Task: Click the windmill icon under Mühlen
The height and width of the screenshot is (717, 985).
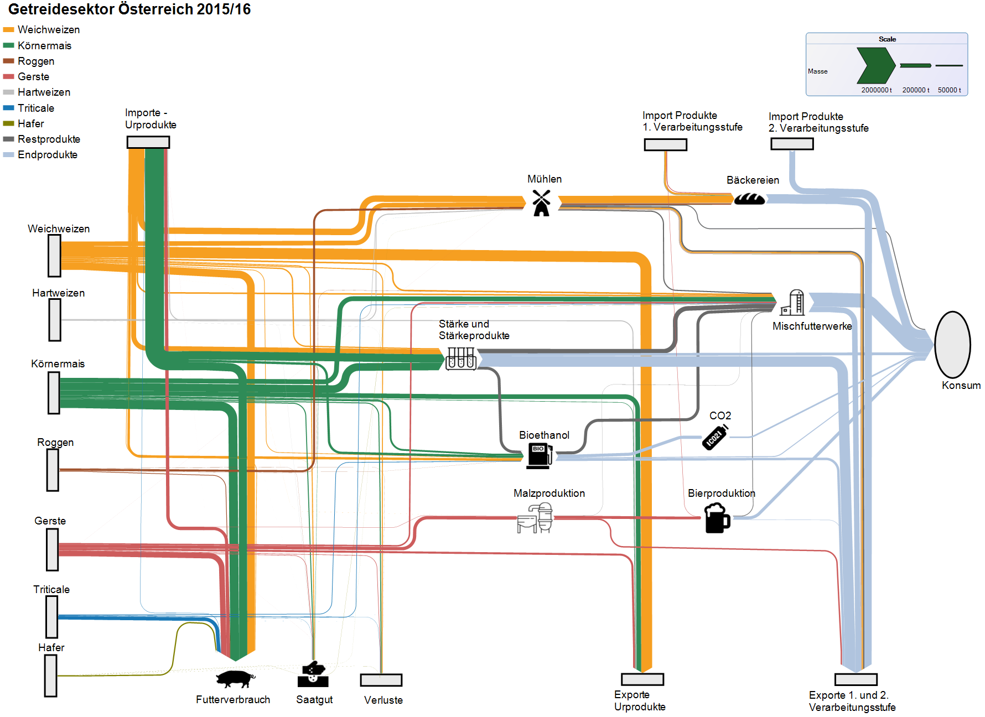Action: point(541,203)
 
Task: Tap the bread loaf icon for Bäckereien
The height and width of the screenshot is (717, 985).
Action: point(749,199)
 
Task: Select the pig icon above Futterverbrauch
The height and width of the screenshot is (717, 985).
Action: point(235,678)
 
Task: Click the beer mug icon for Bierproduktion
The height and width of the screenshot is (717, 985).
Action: point(717,518)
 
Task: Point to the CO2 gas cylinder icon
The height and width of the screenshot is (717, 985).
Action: point(715,438)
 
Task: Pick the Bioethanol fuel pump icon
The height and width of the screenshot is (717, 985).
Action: point(539,456)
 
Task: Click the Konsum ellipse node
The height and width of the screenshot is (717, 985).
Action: point(952,345)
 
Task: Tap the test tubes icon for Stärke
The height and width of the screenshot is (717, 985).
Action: point(461,358)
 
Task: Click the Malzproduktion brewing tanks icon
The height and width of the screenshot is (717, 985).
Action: point(535,518)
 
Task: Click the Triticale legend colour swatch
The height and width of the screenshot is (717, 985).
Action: point(8,108)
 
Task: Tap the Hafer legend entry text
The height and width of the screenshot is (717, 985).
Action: point(30,123)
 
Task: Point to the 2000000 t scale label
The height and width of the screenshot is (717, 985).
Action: point(876,90)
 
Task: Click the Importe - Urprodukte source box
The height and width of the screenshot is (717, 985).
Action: point(148,142)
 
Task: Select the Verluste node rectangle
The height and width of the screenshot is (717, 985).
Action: point(381,680)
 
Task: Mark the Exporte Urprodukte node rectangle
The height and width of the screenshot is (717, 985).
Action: point(642,679)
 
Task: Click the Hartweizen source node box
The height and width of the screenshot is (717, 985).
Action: point(55,320)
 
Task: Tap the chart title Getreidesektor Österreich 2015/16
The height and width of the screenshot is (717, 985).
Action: point(129,9)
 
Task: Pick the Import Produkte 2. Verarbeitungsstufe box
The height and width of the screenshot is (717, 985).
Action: point(792,144)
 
